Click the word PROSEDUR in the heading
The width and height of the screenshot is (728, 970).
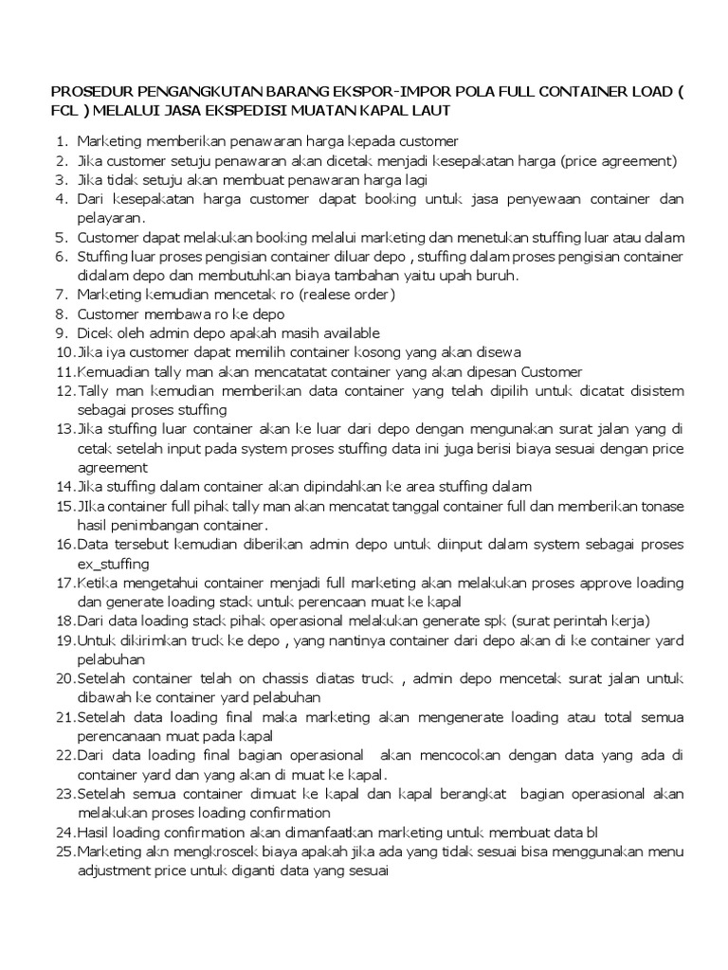tap(84, 95)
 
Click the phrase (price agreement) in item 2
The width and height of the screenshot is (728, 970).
tap(617, 161)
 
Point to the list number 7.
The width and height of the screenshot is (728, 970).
tap(61, 295)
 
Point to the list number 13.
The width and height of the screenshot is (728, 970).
tap(64, 428)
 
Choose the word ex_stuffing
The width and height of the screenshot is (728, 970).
tap(113, 563)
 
